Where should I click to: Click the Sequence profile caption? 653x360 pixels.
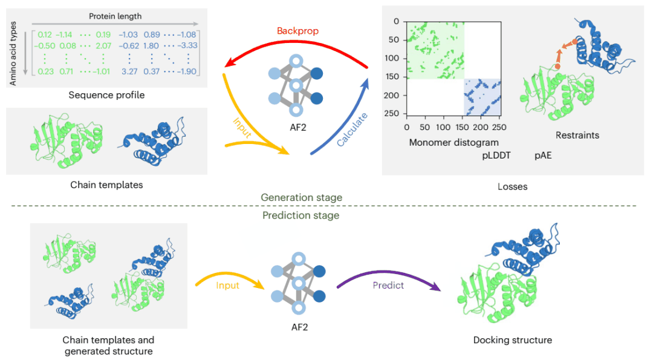pyautogui.click(x=106, y=95)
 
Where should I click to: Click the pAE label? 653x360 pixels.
pyautogui.click(x=543, y=155)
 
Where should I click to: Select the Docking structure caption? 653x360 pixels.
pyautogui.click(x=512, y=340)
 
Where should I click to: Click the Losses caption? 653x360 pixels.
pyautogui.click(x=512, y=186)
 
